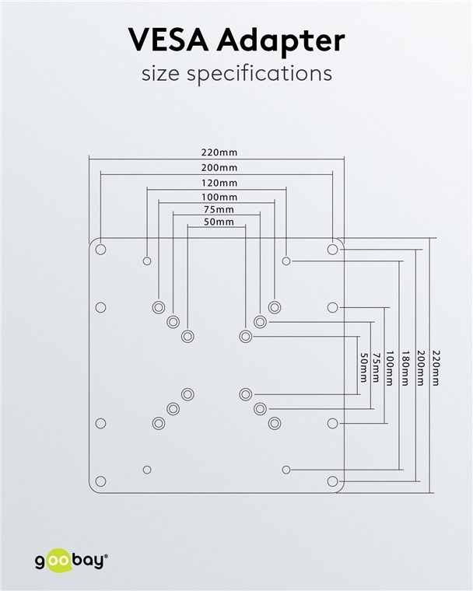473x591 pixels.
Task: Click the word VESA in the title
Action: (x=169, y=40)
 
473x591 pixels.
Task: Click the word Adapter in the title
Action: (x=281, y=42)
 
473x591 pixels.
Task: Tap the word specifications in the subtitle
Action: (x=260, y=74)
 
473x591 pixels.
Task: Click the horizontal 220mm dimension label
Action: (x=219, y=152)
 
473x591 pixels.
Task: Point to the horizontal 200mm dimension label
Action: (x=219, y=167)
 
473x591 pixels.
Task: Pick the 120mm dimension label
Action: (x=219, y=183)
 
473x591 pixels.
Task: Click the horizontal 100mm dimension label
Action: (x=219, y=197)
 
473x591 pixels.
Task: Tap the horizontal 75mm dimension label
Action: (x=219, y=209)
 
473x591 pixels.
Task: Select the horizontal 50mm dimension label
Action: (x=219, y=222)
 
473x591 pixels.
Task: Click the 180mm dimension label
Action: (x=405, y=369)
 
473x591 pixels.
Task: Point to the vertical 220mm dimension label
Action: (x=436, y=369)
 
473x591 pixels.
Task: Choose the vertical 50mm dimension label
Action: (x=363, y=368)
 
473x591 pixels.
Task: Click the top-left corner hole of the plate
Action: (x=100, y=250)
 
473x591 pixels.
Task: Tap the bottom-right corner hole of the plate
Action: (x=332, y=481)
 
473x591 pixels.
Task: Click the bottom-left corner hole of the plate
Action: (x=100, y=481)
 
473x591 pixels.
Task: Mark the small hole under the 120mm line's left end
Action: (x=147, y=261)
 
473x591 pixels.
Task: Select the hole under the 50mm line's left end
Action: (x=187, y=336)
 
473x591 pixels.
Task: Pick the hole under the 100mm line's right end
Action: (x=275, y=307)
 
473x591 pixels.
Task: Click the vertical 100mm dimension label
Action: (x=390, y=369)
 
